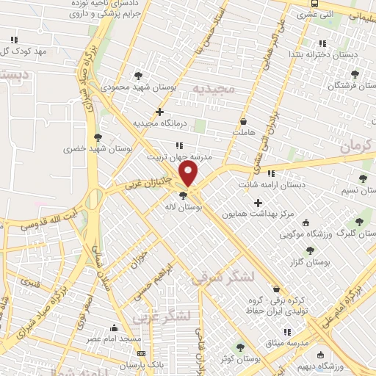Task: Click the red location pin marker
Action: [x=189, y=173]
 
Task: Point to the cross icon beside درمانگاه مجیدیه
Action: [x=159, y=112]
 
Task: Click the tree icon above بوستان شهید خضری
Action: [x=98, y=137]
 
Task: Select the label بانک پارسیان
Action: [x=142, y=365]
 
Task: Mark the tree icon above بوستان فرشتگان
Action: [x=356, y=73]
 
